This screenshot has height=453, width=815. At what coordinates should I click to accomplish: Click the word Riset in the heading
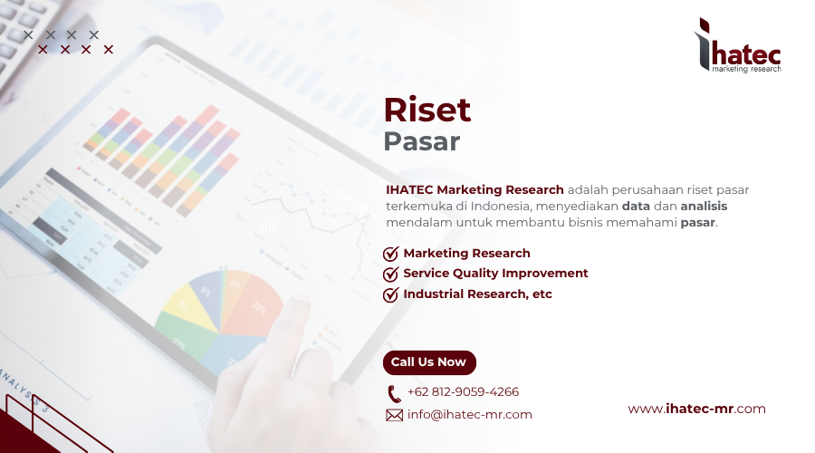tap(427, 110)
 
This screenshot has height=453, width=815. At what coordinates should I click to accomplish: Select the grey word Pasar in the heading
tap(421, 142)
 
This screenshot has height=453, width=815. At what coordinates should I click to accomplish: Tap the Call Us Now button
tap(428, 362)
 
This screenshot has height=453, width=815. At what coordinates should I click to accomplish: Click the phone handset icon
tap(394, 393)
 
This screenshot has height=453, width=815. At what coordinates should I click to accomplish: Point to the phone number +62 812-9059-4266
tap(463, 392)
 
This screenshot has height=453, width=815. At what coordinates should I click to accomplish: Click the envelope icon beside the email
tap(394, 415)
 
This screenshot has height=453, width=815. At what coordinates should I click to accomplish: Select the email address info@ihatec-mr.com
tap(469, 415)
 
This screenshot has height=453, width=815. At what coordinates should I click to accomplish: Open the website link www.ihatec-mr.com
tap(696, 410)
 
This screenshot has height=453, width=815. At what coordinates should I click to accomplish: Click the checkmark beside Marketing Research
tap(391, 254)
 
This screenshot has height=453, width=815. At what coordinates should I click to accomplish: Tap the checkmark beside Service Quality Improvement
tap(391, 274)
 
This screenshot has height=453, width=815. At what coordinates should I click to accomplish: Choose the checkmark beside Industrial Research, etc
tap(391, 294)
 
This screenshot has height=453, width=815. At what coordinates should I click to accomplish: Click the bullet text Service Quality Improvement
tap(495, 274)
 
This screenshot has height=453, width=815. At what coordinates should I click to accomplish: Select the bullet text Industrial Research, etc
tap(477, 294)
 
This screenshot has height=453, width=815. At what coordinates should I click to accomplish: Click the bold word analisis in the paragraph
tap(704, 207)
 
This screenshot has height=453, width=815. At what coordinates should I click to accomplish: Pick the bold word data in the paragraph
tap(636, 207)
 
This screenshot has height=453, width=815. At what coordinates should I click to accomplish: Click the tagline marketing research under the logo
tap(746, 69)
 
